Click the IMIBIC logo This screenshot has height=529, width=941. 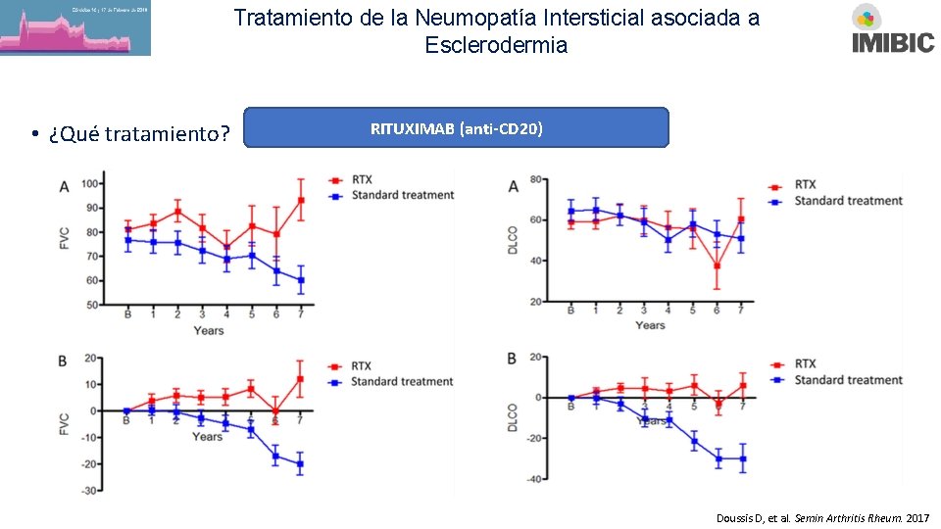(893, 29)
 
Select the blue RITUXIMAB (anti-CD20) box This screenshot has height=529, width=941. (456, 128)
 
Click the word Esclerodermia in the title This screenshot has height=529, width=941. (496, 45)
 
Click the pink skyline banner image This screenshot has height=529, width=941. (75, 28)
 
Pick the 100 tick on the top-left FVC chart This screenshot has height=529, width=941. (89, 184)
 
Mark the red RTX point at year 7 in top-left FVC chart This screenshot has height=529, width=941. (301, 201)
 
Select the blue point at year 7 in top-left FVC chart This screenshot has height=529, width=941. (301, 280)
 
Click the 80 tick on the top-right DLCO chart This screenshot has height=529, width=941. (537, 179)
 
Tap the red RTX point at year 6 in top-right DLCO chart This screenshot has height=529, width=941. (718, 265)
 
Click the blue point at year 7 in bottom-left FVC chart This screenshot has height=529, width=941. (300, 464)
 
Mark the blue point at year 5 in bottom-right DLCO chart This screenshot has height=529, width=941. (694, 441)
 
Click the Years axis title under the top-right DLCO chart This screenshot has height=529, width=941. (650, 325)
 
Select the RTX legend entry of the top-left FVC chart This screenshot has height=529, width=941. (363, 180)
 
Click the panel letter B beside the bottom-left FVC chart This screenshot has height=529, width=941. (63, 361)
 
